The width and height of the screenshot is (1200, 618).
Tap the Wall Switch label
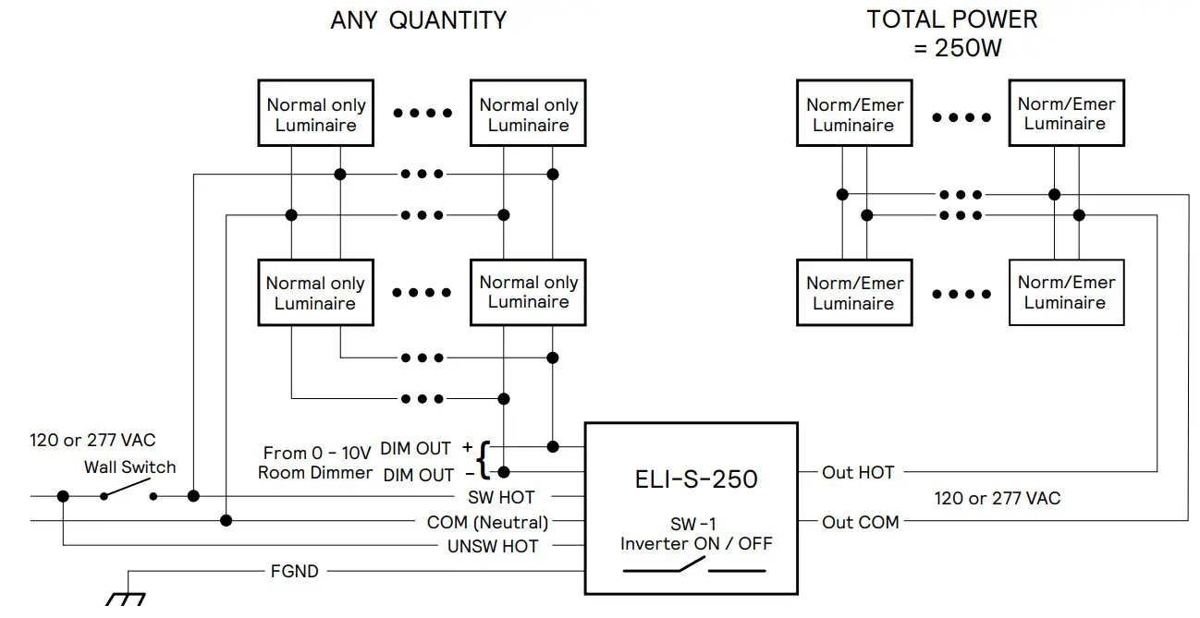(x=129, y=467)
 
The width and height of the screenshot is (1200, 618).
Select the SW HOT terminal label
(x=501, y=498)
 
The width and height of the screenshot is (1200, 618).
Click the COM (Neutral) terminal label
(x=487, y=522)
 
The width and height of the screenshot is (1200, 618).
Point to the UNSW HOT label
(x=493, y=546)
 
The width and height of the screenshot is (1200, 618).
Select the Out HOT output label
(x=858, y=472)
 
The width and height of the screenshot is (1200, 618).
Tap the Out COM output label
(x=860, y=522)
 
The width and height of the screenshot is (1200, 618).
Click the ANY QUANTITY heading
(x=418, y=20)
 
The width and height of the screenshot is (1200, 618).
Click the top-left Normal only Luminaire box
(x=315, y=114)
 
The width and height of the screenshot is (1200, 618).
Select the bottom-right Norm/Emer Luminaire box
(x=1066, y=292)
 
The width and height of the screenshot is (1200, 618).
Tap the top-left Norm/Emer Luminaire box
(x=853, y=114)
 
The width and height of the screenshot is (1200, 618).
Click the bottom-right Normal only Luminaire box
(x=528, y=292)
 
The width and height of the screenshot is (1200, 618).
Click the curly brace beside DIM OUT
(x=484, y=459)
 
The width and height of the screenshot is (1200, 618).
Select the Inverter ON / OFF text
(x=695, y=544)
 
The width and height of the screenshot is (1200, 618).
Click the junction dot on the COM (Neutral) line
(x=226, y=521)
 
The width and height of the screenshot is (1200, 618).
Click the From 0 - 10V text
(x=316, y=453)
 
